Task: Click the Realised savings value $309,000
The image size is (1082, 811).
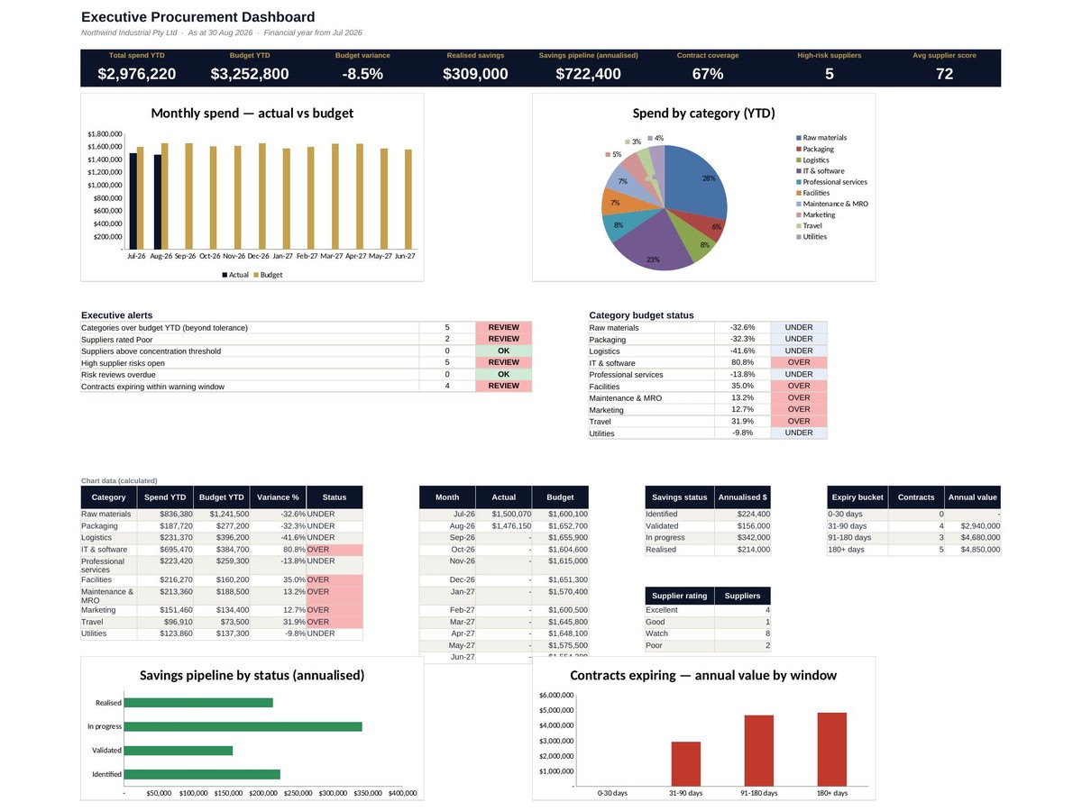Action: [474, 74]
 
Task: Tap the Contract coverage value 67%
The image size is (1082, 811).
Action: [708, 74]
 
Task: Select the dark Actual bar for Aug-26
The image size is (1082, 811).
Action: [157, 202]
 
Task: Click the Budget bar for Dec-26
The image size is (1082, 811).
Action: [261, 196]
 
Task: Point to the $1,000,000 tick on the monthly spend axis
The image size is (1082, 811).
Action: [105, 185]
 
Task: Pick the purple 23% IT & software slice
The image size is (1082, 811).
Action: [651, 243]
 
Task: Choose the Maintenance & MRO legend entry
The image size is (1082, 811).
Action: [832, 204]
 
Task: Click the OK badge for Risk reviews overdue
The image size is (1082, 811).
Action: [503, 374]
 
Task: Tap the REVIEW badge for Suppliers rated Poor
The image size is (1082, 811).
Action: [503, 339]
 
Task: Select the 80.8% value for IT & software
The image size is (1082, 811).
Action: [742, 362]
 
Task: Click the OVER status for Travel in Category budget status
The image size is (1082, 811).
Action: [799, 422]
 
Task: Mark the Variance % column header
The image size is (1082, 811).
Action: [278, 497]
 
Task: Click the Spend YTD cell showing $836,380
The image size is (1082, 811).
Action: [176, 514]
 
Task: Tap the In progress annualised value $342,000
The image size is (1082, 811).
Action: [753, 538]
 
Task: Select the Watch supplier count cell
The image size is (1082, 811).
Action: [742, 633]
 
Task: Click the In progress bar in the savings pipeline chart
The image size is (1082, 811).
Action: [243, 727]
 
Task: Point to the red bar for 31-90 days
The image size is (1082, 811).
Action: [685, 764]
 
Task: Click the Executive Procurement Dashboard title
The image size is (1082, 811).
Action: [197, 17]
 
